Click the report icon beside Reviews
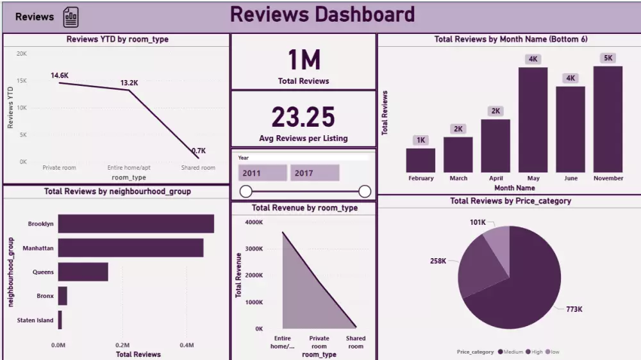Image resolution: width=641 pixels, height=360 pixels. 71,17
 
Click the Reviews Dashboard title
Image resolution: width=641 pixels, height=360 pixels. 322,15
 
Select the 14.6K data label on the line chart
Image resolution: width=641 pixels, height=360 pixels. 60,76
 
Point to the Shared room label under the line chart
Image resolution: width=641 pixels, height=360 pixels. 198,168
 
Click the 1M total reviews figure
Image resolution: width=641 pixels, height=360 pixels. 303,60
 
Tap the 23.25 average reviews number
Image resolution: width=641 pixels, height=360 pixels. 303,117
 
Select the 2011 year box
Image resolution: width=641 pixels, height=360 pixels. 262,173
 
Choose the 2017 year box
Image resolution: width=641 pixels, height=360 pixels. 314,173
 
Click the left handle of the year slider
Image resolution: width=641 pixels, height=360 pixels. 246,191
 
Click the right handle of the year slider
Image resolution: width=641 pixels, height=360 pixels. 365,191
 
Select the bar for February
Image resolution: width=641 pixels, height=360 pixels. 420,160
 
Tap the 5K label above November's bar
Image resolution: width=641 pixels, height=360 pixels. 608,58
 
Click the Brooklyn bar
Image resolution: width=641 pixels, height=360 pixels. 136,224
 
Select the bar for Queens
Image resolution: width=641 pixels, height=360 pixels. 83,272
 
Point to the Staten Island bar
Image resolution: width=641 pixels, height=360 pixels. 60,320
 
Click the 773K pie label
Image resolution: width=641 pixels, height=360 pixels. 574,309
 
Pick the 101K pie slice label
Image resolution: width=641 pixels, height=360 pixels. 477,223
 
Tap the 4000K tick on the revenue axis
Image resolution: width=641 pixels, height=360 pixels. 254,222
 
